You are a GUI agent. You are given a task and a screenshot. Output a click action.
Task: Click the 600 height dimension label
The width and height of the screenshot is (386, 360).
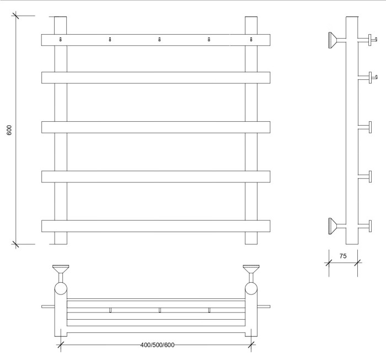tap(9, 130)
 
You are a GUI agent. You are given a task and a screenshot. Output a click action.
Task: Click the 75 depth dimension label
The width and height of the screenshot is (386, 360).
tap(343, 256)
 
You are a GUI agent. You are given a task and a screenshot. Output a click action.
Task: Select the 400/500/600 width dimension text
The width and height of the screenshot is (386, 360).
tap(157, 345)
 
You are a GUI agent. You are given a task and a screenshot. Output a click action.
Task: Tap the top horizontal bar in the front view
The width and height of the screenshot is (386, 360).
tap(156, 40)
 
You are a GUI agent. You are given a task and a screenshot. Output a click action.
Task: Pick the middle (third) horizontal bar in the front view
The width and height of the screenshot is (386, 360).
tap(156, 127)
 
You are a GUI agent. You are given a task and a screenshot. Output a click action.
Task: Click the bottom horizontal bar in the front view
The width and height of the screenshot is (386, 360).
tap(156, 226)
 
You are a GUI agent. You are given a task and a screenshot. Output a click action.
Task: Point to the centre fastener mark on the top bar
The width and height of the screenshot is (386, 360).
tap(159, 39)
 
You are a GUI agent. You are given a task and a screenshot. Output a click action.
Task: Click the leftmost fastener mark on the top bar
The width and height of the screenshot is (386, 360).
tap(61, 39)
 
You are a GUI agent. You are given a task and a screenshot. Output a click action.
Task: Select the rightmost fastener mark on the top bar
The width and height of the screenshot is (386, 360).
tap(251, 39)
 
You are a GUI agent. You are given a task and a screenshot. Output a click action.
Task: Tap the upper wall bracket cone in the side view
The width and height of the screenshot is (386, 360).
tap(333, 40)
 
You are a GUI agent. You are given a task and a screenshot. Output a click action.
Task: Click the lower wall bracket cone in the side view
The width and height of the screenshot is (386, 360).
tap(333, 226)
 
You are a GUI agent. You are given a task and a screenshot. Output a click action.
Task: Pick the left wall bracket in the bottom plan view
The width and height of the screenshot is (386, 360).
tap(61, 273)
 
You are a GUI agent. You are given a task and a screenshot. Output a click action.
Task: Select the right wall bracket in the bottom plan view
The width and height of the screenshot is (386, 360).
tap(251, 273)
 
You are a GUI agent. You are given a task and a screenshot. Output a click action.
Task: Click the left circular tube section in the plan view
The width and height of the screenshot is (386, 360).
tap(61, 289)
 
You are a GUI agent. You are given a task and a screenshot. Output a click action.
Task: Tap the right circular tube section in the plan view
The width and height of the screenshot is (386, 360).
tap(251, 289)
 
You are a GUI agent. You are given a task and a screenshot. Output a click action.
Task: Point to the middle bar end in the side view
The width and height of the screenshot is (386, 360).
tap(370, 127)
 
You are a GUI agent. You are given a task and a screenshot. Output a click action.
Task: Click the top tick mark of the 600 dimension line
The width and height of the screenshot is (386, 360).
tap(16, 15)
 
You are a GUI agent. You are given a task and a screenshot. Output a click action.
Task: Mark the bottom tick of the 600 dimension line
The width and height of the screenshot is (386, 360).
tap(16, 244)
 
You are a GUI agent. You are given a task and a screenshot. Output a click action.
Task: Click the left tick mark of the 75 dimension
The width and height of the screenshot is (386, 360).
tap(329, 263)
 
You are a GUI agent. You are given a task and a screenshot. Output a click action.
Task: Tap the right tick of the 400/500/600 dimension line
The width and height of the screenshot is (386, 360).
tap(251, 345)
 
